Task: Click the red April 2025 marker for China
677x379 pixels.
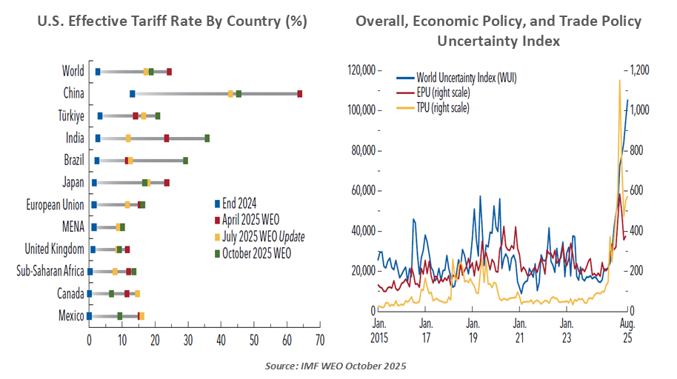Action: (x=299, y=94)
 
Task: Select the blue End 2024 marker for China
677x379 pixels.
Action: (x=133, y=94)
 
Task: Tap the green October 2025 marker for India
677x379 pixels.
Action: (x=207, y=138)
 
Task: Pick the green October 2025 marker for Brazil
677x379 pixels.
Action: (x=185, y=161)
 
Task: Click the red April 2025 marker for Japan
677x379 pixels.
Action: (x=167, y=183)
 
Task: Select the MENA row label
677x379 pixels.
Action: (x=73, y=227)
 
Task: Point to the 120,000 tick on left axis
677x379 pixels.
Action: (x=360, y=70)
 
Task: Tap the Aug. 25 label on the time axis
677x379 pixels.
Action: (x=627, y=331)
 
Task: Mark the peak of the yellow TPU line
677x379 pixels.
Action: (x=619, y=80)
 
